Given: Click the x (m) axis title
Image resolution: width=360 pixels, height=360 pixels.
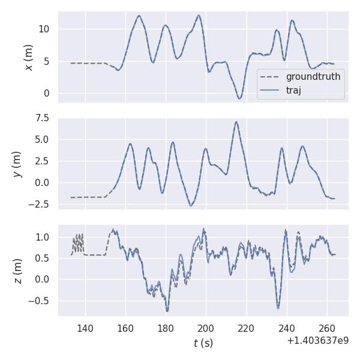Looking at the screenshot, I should pyautogui.click(x=28, y=57).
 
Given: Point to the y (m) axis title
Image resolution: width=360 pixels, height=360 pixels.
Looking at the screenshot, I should pyautogui.click(x=17, y=163).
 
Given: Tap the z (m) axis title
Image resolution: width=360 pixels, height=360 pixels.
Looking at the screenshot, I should pyautogui.click(x=17, y=271).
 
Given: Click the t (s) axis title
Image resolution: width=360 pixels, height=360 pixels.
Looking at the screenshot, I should pyautogui.click(x=203, y=343).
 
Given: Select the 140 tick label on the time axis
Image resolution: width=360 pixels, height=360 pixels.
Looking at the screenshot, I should pyautogui.click(x=85, y=328).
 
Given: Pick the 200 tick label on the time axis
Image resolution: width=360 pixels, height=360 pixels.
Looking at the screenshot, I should pyautogui.click(x=206, y=328).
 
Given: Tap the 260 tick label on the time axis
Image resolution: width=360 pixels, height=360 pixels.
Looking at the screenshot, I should pyautogui.click(x=327, y=328).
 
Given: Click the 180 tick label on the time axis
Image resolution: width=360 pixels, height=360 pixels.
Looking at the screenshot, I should pyautogui.click(x=166, y=328).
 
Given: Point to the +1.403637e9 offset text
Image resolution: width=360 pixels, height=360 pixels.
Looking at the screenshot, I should pyautogui.click(x=317, y=340).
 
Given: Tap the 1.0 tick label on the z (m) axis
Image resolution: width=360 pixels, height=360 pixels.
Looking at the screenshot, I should pyautogui.click(x=44, y=237).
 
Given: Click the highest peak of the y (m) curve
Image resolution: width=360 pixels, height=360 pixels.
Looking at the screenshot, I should pyautogui.click(x=236, y=122).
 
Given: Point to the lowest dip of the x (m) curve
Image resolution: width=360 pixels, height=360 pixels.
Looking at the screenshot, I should pyautogui.click(x=239, y=98).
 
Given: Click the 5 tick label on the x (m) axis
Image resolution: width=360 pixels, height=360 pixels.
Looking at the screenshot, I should pyautogui.click(x=50, y=61).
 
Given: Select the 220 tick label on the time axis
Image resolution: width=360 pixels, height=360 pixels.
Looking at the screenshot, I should pyautogui.click(x=246, y=328).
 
